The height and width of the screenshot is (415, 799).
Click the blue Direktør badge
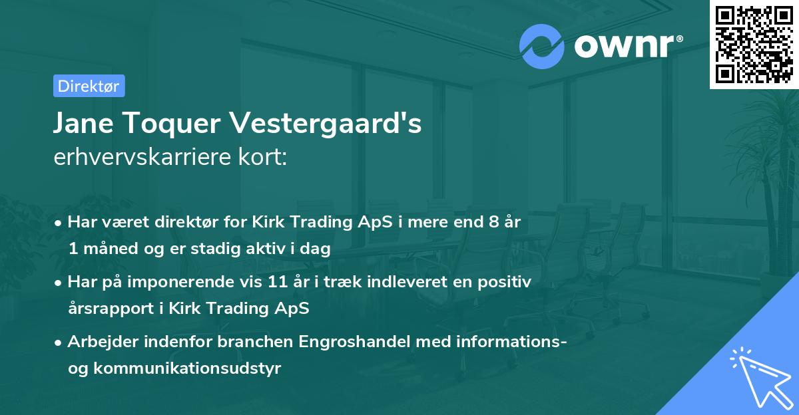89,86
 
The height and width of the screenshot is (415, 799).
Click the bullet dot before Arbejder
59,343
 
